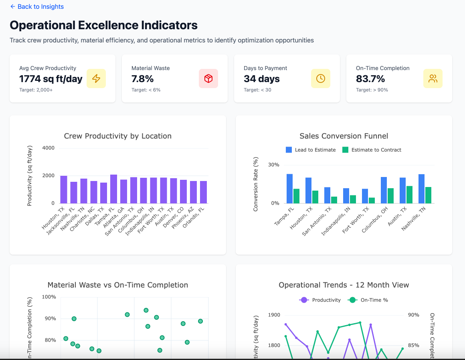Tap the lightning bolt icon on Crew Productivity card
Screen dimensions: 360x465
96,78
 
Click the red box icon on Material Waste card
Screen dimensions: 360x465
208,78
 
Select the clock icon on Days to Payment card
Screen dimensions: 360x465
321,78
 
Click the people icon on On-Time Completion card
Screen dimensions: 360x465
433,78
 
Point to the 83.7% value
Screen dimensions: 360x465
370,79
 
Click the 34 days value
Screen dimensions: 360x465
261,79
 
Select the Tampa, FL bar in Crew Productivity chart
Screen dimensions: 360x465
114,189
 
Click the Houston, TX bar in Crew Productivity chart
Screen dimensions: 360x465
64,189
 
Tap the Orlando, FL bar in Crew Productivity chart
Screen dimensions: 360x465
204,192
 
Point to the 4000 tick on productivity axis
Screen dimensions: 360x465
48,148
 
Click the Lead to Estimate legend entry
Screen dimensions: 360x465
311,150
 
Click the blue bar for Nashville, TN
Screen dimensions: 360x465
421,189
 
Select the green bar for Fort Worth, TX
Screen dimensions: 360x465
372,201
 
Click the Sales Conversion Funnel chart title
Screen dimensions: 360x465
344,136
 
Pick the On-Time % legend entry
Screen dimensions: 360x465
369,300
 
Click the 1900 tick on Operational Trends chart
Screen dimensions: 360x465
275,315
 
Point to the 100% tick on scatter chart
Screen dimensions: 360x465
49,297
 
